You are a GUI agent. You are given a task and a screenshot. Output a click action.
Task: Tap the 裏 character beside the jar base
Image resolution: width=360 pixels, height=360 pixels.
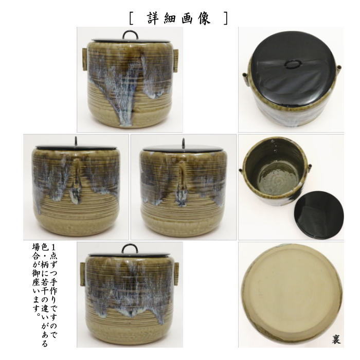click(336, 339)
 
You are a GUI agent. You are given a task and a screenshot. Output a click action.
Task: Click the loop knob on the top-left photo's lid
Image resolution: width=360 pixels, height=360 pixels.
click(130, 35)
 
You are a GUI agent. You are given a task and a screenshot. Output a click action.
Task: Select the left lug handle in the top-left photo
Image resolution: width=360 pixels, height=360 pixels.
click(84, 59)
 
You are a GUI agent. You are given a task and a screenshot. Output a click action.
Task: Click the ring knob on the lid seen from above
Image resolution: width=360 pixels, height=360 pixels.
click(292, 64)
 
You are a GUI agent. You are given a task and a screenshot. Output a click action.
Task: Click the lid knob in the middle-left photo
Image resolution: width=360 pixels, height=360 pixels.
click(76, 141)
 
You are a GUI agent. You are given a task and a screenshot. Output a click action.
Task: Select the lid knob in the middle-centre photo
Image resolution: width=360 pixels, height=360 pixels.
click(184, 142)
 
